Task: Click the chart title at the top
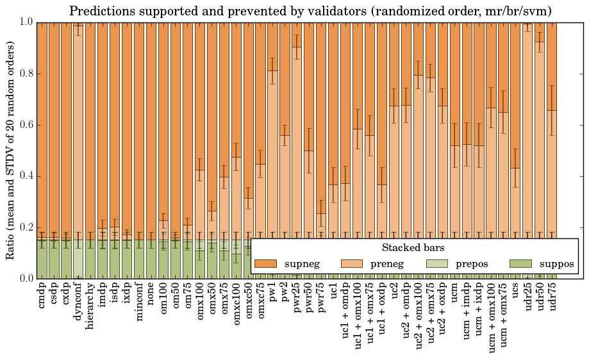coord(310,11)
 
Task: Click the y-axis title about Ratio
coord(10,150)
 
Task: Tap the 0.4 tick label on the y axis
coord(25,176)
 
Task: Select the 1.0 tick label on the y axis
coord(25,22)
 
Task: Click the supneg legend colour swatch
coord(265,263)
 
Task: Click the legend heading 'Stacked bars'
coord(413,247)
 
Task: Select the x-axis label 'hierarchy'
coord(90,304)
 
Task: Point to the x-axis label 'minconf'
coord(139,301)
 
